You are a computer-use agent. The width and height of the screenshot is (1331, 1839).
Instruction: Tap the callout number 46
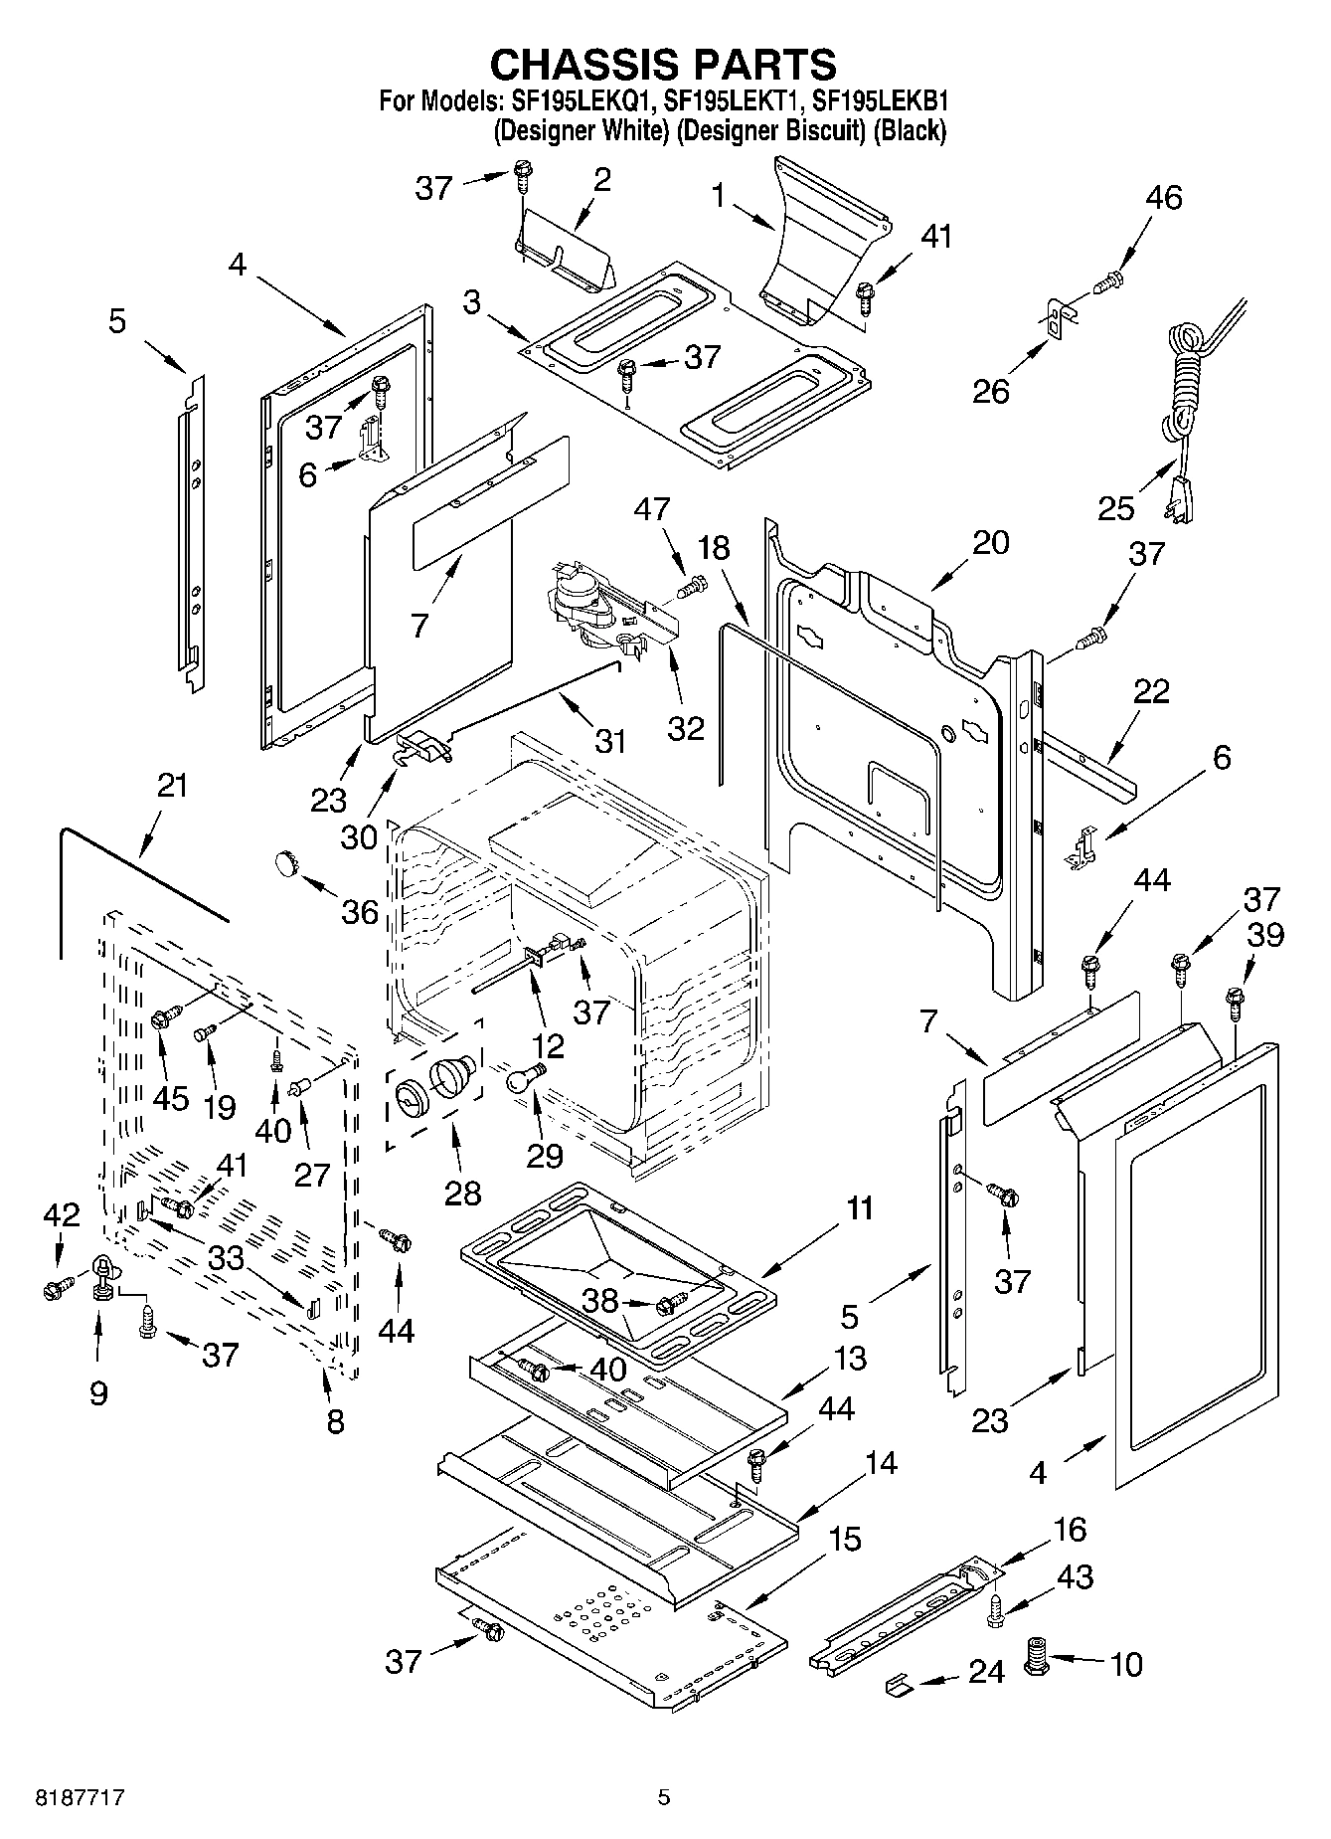point(1163,198)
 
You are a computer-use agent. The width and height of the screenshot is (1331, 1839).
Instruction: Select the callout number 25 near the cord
point(1115,508)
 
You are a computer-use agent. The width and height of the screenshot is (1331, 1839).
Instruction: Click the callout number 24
point(986,1672)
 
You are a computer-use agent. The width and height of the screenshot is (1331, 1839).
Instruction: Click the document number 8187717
point(70,1797)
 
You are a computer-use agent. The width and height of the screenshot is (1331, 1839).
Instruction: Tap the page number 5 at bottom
point(664,1797)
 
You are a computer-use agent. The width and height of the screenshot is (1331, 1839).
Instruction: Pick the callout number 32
point(686,727)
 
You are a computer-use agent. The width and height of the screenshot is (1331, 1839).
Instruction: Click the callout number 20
point(990,542)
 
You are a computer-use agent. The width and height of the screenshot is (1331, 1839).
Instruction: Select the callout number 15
point(844,1540)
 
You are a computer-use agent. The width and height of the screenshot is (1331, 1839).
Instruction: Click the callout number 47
point(652,511)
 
